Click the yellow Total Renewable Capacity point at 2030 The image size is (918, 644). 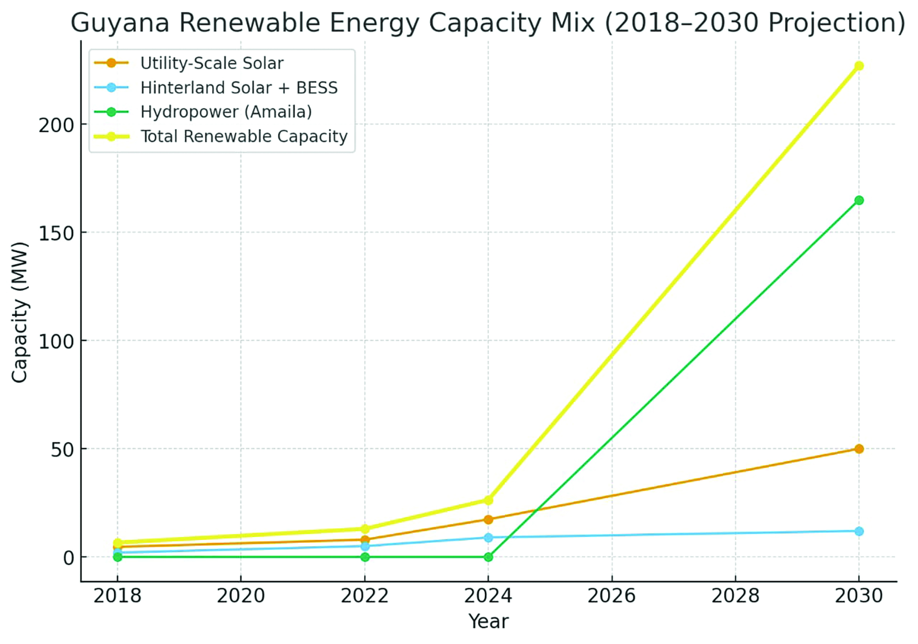[859, 66]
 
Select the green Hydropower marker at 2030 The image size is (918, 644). [859, 200]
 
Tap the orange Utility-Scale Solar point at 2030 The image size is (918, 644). [859, 449]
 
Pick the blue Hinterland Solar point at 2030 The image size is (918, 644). [859, 531]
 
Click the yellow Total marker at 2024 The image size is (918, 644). [488, 500]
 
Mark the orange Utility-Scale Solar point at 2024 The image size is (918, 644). [488, 520]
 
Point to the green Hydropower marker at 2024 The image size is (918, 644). [488, 557]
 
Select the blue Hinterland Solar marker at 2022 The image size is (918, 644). [365, 546]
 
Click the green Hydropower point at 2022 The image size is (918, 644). [365, 557]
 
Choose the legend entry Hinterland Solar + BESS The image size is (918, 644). [239, 88]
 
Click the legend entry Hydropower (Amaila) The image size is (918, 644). [226, 112]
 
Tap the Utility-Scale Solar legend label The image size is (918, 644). [212, 63]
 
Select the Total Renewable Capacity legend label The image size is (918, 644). [244, 136]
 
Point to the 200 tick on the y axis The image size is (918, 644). [56, 125]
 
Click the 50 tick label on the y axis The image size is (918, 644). [62, 450]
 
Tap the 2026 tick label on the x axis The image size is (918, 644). [611, 596]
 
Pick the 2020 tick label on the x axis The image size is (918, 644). [241, 596]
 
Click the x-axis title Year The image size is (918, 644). [488, 621]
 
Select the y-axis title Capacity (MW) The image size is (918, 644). [19, 312]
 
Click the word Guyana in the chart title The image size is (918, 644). [120, 23]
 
